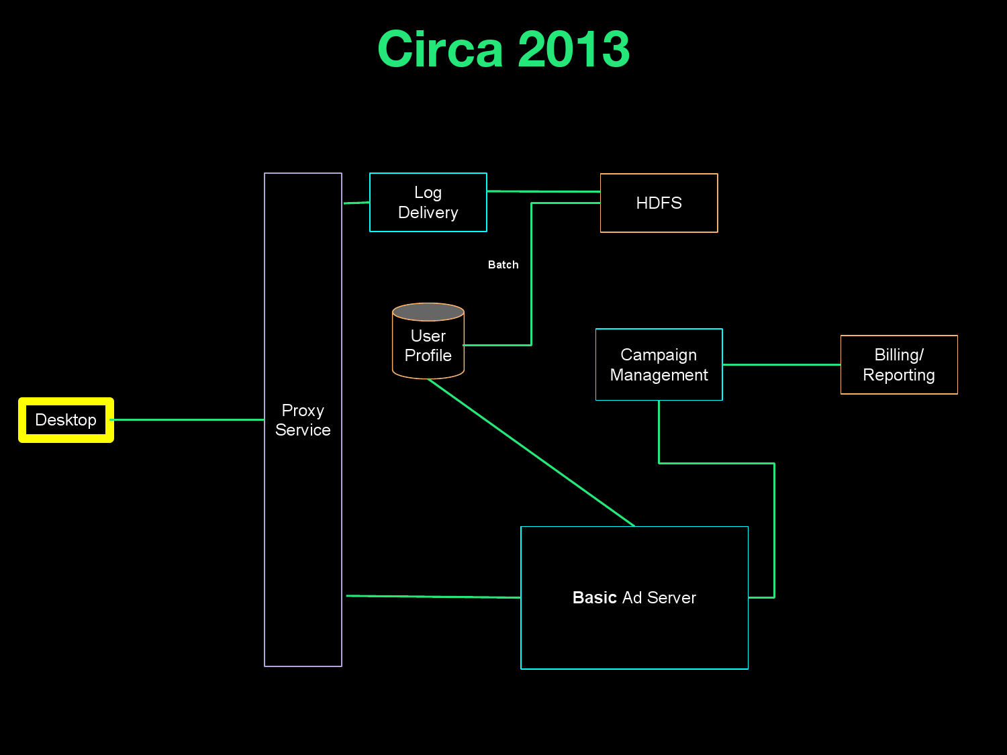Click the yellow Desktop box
click(x=66, y=420)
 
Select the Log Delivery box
click(x=428, y=203)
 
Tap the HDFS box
click(x=659, y=203)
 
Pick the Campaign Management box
click(x=659, y=364)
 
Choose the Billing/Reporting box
click(x=899, y=364)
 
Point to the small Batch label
click(x=503, y=265)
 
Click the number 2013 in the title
click(x=574, y=50)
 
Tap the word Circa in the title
click(x=440, y=50)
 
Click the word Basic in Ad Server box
click(x=594, y=598)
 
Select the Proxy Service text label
click(x=303, y=420)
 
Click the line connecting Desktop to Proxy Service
click(x=188, y=420)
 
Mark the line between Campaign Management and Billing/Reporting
click(x=781, y=364)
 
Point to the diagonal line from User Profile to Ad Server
click(x=530, y=452)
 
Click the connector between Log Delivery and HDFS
click(x=544, y=192)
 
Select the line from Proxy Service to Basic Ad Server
click(x=433, y=597)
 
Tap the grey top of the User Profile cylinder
click(x=428, y=312)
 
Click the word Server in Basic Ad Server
click(x=671, y=598)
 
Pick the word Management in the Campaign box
click(x=659, y=375)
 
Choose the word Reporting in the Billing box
click(x=899, y=375)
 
